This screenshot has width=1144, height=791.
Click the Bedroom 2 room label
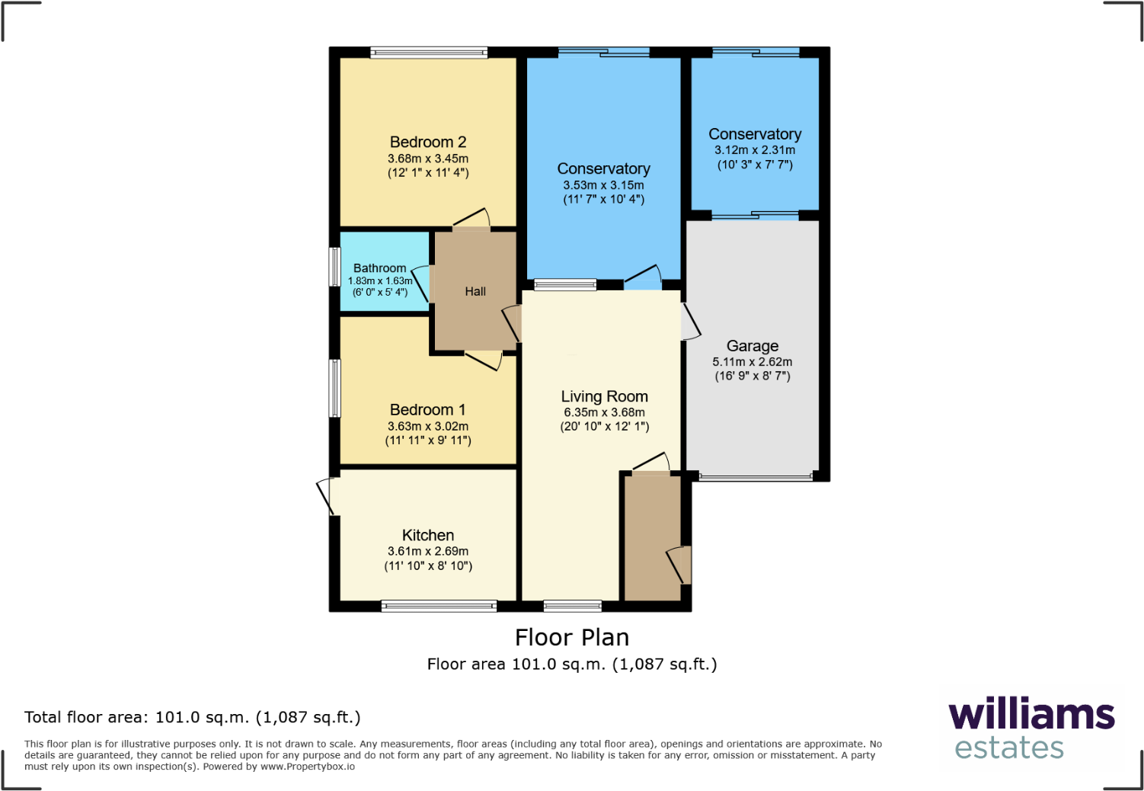pos(428,143)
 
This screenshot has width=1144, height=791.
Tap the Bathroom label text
pos(379,268)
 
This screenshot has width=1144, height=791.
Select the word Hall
pos(475,291)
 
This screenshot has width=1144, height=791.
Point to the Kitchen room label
pos(428,536)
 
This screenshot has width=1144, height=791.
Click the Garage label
pos(753,346)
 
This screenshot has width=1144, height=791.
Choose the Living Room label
pos(605,396)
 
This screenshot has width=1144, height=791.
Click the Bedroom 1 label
pos(428,410)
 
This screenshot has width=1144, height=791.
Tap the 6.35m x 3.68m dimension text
pos(605,412)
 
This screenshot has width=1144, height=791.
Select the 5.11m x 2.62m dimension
pos(753,362)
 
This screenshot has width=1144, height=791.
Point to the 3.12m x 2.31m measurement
pos(755,150)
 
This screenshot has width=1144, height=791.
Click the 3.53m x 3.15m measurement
pos(604,185)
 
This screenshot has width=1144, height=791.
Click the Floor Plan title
pos(572,637)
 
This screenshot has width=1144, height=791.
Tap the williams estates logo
pos(1031,728)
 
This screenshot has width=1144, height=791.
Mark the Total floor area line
pos(193,717)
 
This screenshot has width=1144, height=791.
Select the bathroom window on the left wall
pos(334,267)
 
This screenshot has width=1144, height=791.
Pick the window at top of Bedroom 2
pos(429,53)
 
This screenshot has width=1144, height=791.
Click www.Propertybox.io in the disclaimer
pos(308,767)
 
